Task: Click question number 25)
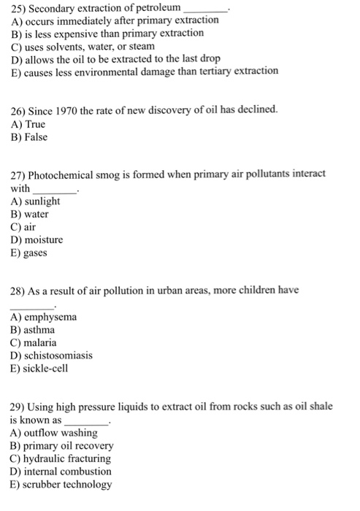(19, 9)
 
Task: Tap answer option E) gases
(28, 253)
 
